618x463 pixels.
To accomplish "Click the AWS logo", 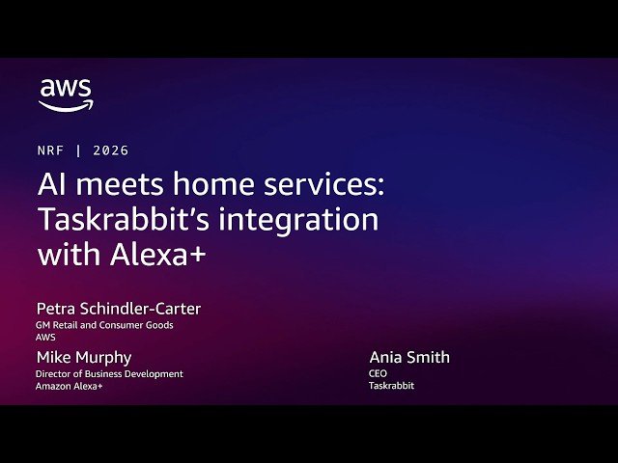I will tap(66, 95).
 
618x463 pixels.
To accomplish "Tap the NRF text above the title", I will tap(51, 150).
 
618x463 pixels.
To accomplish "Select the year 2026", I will tap(111, 150).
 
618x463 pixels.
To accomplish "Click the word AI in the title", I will tap(50, 184).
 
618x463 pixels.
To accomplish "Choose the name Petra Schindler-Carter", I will tap(119, 309).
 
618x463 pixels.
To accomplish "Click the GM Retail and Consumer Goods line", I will tap(104, 325).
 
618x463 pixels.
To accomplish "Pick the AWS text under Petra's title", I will tap(45, 338).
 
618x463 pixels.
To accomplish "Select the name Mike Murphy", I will tap(84, 357).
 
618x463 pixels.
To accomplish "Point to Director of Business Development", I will tap(109, 374).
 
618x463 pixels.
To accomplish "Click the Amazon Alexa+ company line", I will tap(70, 386).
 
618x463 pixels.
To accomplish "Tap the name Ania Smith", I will tap(409, 357).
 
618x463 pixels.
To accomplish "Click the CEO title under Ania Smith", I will tap(378, 373).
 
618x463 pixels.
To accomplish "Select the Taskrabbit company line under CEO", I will tap(391, 386).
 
